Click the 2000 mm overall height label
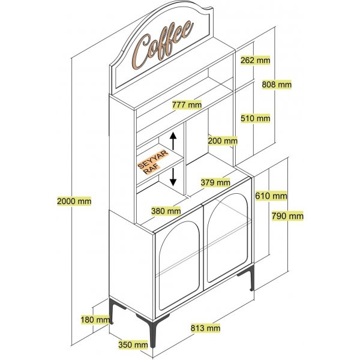[74, 201]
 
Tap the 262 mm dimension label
[256, 60]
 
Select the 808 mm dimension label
[277, 85]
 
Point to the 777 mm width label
[187, 104]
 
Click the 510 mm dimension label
[256, 118]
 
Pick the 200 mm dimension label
[223, 140]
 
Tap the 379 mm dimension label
[215, 182]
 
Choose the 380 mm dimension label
[166, 211]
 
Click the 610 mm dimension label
[271, 196]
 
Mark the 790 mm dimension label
[287, 216]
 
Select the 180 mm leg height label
[95, 320]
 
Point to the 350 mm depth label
[133, 344]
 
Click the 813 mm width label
[205, 328]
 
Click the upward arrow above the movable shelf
[173, 142]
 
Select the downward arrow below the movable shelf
[173, 176]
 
